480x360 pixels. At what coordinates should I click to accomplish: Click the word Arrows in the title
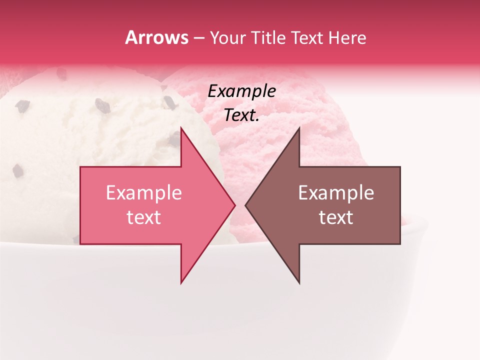coord(156,37)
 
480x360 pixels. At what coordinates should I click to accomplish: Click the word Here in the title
coord(348,37)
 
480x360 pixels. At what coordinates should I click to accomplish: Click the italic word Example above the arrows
coord(242,91)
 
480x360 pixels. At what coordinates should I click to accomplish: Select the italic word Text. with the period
coord(242,115)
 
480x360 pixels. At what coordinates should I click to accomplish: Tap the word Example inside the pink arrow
coord(144,193)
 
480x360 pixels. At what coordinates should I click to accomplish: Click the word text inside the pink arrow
coord(144,217)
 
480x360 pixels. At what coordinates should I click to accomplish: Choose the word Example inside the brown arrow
coord(336,193)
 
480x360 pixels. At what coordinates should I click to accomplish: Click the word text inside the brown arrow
coord(336,217)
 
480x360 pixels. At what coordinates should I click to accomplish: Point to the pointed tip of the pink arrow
coord(234,205)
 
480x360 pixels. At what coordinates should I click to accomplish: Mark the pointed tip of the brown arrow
coord(246,205)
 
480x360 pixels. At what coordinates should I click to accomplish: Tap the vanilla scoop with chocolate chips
coord(75,130)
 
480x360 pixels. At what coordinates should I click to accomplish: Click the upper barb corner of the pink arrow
coord(181,128)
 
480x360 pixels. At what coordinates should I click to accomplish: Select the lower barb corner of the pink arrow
coord(181,282)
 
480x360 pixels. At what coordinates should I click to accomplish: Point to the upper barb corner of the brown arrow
coord(299,128)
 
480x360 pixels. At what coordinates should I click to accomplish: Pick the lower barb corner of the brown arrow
coord(299,282)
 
